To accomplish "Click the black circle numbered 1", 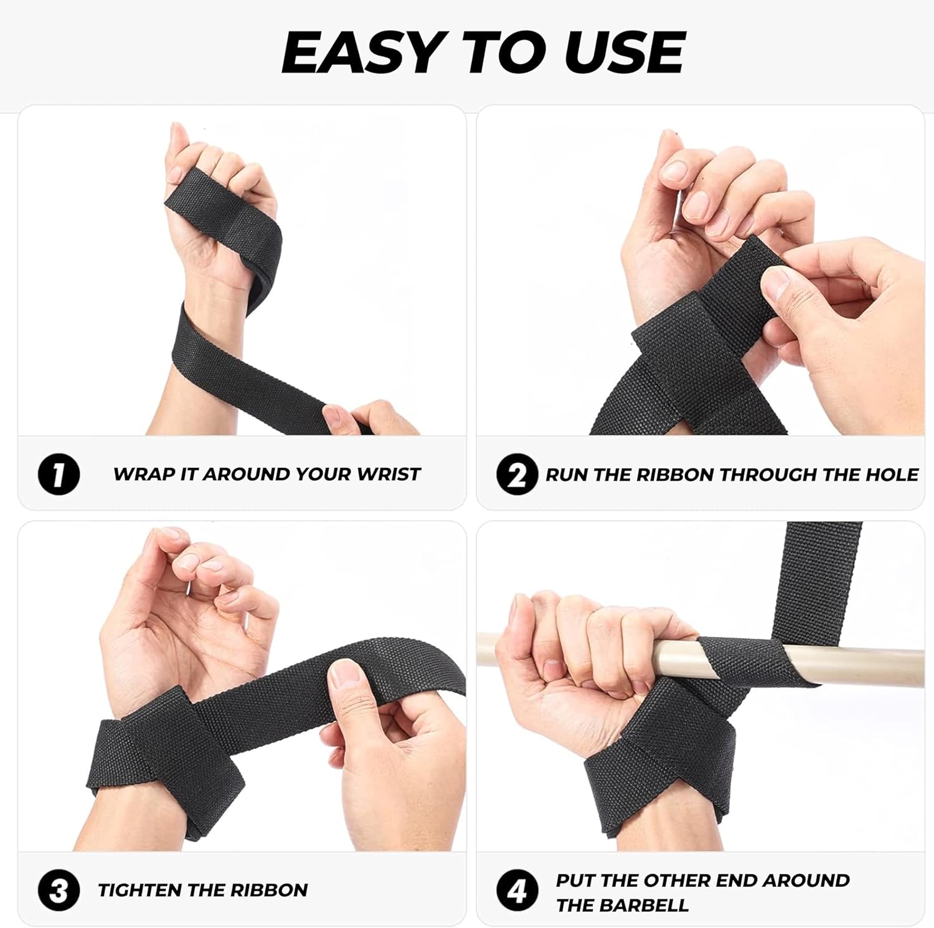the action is (x=59, y=475).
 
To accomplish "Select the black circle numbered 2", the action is (x=517, y=475).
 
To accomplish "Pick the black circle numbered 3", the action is (x=59, y=891).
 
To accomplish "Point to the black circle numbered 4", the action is (x=517, y=891).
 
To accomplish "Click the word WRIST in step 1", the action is (x=389, y=474).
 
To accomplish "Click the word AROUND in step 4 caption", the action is (x=806, y=881).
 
